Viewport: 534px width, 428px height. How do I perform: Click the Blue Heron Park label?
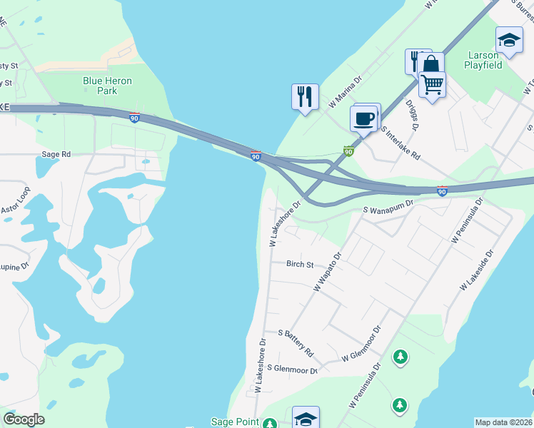107,86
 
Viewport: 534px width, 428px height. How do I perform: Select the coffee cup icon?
365,118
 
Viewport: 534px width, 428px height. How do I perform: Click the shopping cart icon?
432,84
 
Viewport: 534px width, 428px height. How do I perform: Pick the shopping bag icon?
430,65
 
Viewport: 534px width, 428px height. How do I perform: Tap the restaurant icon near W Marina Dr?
305,96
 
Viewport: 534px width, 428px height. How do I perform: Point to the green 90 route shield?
348,151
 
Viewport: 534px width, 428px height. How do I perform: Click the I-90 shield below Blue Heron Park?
134,118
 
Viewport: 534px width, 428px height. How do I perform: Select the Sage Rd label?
56,154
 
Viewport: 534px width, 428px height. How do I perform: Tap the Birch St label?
300,265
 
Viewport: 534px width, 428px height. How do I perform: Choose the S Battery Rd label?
296,343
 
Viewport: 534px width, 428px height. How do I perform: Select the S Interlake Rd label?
400,143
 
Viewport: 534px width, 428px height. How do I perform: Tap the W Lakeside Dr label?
477,270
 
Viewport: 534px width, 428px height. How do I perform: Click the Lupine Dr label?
14,265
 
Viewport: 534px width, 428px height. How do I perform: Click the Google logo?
24,419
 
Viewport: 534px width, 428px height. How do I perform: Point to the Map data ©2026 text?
503,422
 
